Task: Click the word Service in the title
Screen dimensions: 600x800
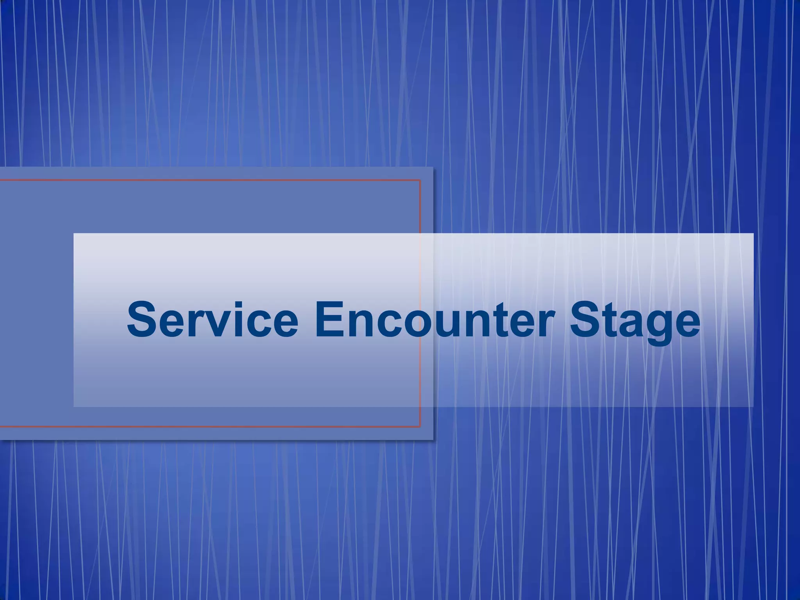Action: click(x=212, y=320)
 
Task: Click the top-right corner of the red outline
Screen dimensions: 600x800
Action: click(x=420, y=180)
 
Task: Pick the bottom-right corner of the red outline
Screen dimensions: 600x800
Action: click(x=420, y=427)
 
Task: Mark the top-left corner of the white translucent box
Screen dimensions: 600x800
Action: click(x=74, y=234)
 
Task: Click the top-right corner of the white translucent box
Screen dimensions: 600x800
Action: click(x=753, y=234)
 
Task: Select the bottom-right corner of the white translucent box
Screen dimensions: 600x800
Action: click(x=753, y=407)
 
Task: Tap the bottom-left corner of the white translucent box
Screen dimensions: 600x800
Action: click(x=74, y=407)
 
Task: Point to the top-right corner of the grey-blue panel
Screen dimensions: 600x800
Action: click(x=433, y=167)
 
